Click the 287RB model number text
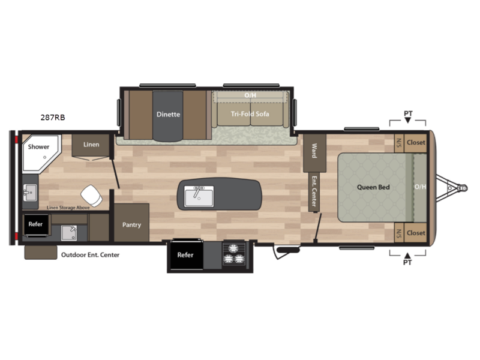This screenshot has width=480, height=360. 53,117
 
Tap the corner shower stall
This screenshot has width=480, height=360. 40,152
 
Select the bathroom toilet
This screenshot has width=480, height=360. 92,196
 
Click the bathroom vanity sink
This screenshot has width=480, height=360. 30,193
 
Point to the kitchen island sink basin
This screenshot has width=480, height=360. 199,196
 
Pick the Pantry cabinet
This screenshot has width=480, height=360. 131,222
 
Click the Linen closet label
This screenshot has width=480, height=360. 91,145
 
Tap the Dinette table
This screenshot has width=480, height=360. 168,116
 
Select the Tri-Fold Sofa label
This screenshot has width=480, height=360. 250,114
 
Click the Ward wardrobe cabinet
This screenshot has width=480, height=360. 314,153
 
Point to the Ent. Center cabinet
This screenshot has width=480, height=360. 314,192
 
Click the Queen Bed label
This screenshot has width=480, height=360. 373,187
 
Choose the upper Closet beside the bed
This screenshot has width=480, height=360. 415,143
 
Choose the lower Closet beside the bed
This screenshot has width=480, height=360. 415,233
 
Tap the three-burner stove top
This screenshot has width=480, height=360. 234,254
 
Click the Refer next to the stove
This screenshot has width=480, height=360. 185,255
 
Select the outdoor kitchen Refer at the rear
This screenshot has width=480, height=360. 36,224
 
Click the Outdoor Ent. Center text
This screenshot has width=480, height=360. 91,254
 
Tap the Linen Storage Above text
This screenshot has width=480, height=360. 68,208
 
